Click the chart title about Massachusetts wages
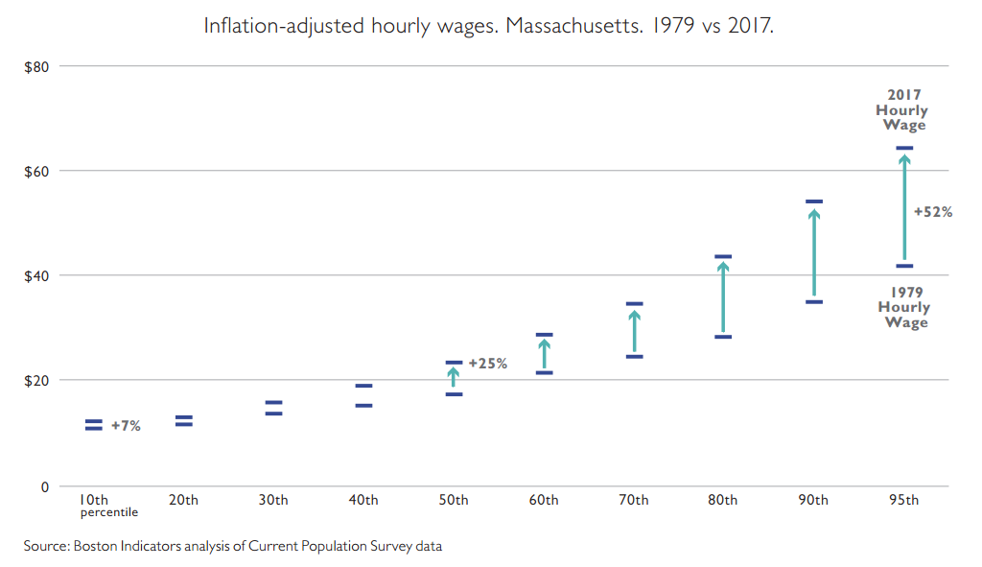(x=488, y=26)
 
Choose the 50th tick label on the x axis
(x=454, y=500)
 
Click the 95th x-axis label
(x=903, y=500)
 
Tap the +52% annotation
(x=932, y=212)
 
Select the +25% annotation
(x=487, y=364)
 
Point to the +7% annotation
(x=126, y=426)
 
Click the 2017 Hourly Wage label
(x=903, y=110)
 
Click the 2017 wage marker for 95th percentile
(x=904, y=148)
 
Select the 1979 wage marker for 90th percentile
(x=814, y=302)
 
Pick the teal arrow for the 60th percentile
(x=544, y=353)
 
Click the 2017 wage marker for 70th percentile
(x=634, y=304)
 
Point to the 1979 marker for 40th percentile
(x=364, y=406)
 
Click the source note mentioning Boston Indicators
(x=233, y=546)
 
